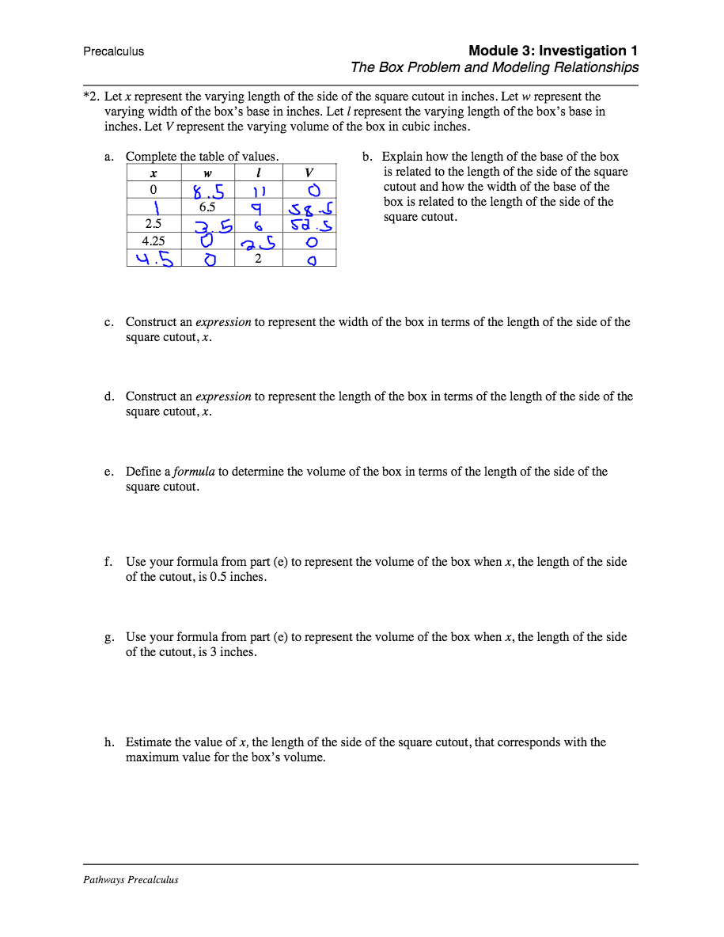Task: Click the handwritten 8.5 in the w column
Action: (x=208, y=192)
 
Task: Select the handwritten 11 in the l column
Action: (x=259, y=192)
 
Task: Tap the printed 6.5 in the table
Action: (x=207, y=207)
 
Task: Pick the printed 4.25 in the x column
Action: (x=154, y=241)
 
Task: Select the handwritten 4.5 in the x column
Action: (x=154, y=259)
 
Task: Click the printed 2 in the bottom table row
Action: (x=258, y=257)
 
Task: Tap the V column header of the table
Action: (x=309, y=173)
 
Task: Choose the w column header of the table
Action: (x=208, y=173)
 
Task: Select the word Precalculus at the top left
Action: (x=113, y=51)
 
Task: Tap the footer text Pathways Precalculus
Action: (x=131, y=879)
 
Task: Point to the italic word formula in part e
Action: (x=194, y=472)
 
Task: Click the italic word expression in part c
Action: (x=223, y=322)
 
